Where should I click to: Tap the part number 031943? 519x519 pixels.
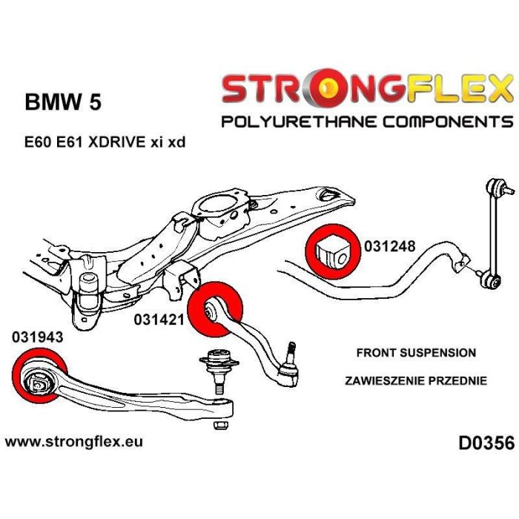pyautogui.click(x=36, y=336)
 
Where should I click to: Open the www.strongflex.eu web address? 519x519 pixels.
pyautogui.click(x=74, y=442)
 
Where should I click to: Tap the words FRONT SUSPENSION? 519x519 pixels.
pyautogui.click(x=416, y=353)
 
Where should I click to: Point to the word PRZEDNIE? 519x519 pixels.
pyautogui.click(x=458, y=381)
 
